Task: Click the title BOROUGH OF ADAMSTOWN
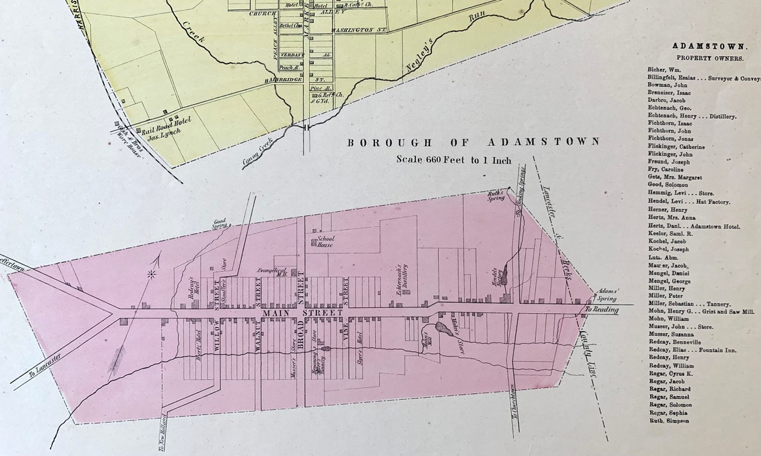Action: coord(473,142)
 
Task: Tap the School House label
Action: coord(326,241)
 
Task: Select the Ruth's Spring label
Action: coord(495,195)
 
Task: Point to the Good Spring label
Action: coord(220,224)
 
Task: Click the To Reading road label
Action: coord(601,310)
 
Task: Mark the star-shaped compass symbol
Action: coord(151,274)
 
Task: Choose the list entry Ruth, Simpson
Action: coord(668,421)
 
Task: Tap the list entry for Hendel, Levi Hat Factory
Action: coord(688,202)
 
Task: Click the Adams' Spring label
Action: coord(607,295)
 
